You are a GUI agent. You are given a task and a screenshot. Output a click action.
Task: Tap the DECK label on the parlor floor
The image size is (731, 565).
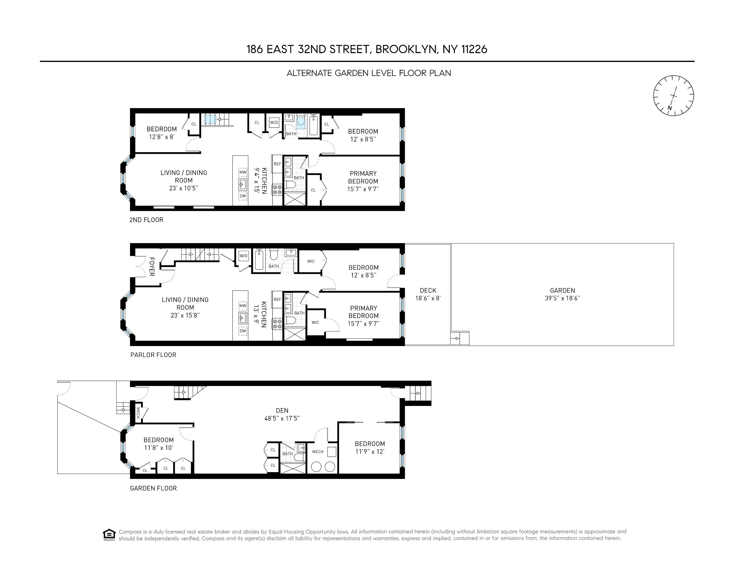tap(428, 291)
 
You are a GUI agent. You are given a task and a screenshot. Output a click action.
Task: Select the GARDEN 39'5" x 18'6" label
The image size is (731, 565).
tap(562, 294)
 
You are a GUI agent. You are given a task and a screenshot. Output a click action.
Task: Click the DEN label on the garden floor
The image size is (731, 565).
tap(282, 410)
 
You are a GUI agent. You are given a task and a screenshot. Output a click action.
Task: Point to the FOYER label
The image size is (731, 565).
tap(151, 267)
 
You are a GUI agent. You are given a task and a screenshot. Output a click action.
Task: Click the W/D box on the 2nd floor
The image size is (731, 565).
tap(274, 122)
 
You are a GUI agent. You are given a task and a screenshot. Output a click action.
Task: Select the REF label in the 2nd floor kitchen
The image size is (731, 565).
tap(277, 164)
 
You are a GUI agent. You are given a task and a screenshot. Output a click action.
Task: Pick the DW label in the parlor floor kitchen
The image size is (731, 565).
tap(243, 331)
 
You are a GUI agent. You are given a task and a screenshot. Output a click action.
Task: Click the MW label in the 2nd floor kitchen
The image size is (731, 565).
tap(243, 172)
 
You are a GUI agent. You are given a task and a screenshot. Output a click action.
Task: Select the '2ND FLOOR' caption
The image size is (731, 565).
tap(146, 220)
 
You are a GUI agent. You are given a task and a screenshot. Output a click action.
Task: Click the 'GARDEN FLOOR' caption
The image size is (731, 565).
tap(153, 488)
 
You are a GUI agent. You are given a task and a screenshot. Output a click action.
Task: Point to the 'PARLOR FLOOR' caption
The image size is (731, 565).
tap(153, 355)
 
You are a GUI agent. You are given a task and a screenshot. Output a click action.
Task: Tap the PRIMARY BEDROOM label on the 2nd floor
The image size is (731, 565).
tap(363, 177)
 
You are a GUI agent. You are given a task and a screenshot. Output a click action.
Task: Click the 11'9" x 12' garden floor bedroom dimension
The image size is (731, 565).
tap(370, 451)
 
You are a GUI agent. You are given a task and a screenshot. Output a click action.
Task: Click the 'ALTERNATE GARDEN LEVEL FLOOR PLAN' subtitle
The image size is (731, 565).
tap(369, 73)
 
